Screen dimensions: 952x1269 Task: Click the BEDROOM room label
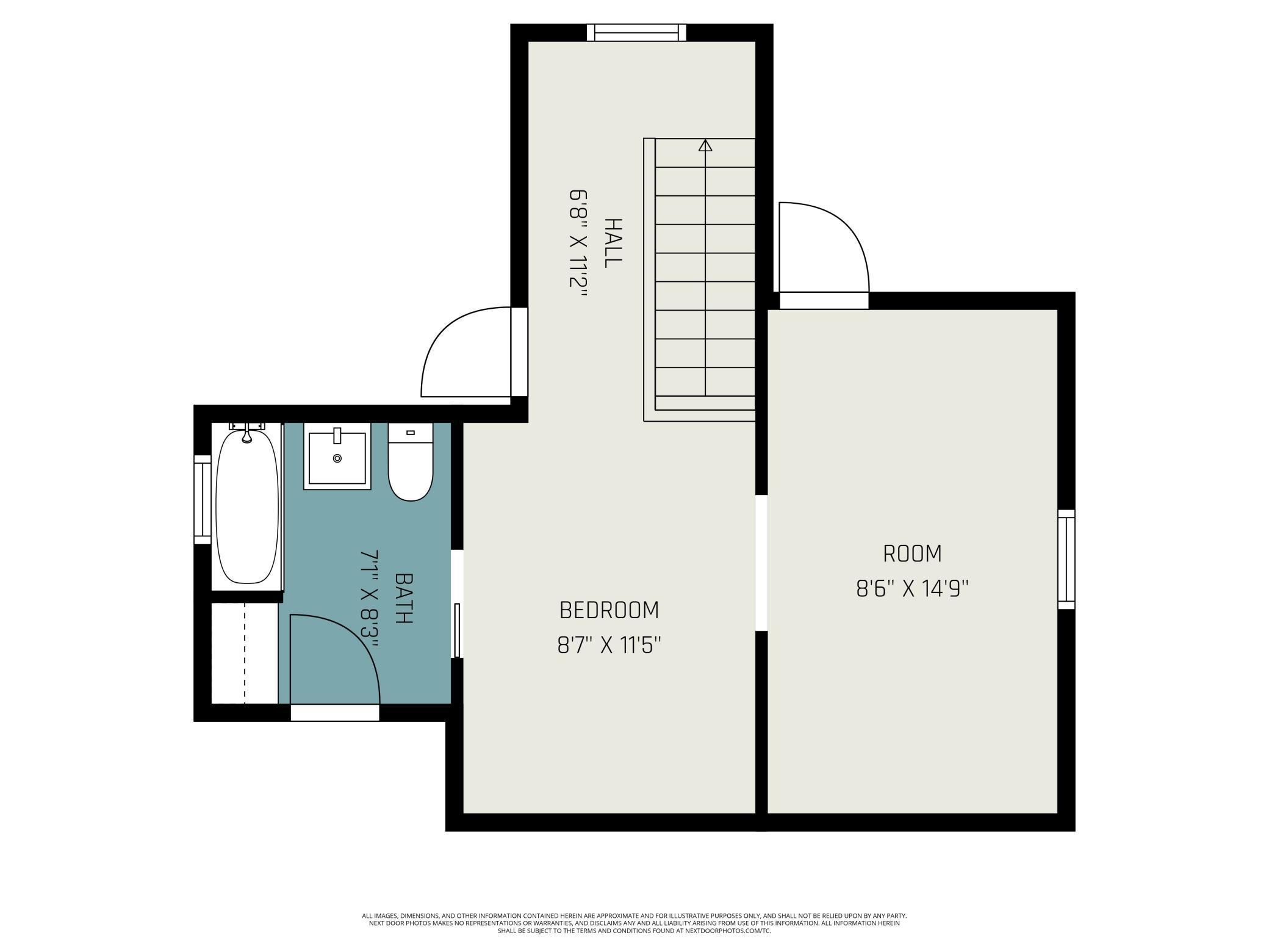point(609,610)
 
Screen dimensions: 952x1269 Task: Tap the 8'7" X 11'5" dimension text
point(609,644)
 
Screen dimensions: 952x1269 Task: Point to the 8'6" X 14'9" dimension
point(912,589)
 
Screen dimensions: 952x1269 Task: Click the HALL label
point(613,242)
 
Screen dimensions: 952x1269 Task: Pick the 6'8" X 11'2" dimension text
point(578,242)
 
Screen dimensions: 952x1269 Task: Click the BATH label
point(403,597)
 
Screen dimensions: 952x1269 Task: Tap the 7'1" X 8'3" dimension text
point(370,599)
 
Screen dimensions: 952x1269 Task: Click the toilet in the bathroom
point(411,467)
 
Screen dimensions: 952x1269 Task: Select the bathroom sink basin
point(337,458)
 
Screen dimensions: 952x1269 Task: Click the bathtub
point(247,507)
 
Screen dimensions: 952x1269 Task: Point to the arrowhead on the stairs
point(705,145)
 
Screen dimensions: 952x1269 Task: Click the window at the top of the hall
point(636,32)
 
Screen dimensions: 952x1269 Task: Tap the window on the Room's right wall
point(1066,559)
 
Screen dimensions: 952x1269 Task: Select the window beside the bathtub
point(202,499)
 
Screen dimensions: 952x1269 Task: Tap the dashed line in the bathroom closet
point(245,653)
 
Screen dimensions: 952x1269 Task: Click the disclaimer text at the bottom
point(634,923)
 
